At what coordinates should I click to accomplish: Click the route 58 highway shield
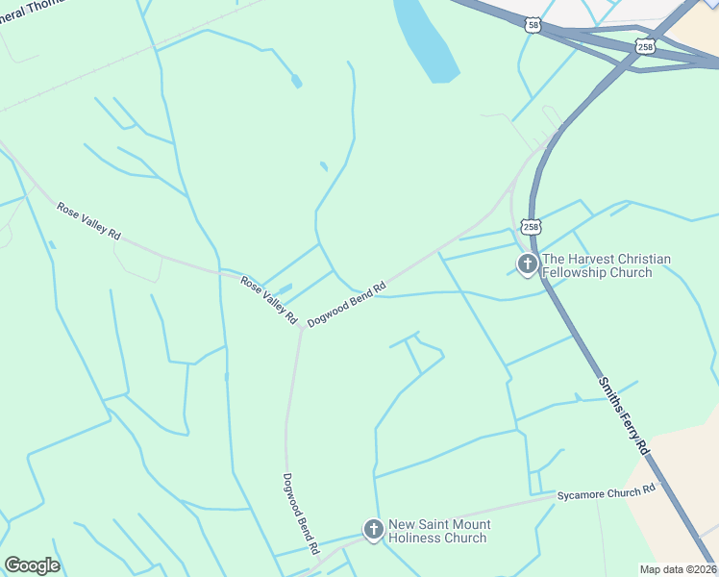click(533, 25)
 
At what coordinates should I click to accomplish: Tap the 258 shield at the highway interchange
click(644, 46)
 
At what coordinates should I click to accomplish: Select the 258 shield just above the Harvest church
click(532, 227)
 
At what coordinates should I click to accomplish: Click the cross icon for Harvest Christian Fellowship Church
click(527, 264)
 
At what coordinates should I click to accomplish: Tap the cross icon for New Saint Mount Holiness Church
click(373, 530)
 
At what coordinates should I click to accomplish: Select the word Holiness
click(419, 538)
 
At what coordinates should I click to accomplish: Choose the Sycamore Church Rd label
click(606, 492)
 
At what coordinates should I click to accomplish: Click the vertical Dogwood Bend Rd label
click(300, 513)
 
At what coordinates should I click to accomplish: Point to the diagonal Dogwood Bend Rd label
click(346, 302)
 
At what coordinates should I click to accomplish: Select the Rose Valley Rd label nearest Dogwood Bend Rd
click(269, 300)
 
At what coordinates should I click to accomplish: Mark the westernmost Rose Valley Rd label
click(88, 221)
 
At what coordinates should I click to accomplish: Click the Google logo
click(32, 565)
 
